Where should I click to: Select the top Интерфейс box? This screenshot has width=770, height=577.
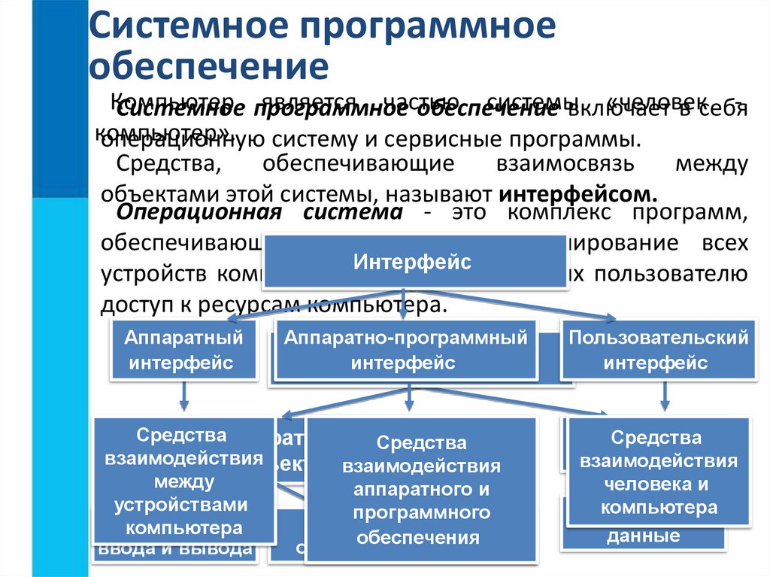pos(412,262)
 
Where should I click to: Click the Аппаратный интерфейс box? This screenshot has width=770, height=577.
pos(183,350)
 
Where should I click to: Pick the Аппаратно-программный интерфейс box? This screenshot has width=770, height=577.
pos(405,350)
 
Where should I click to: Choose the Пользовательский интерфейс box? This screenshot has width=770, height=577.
pos(658,350)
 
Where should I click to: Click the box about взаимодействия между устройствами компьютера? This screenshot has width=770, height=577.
pos(183,478)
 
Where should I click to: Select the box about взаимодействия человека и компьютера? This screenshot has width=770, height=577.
pos(658,472)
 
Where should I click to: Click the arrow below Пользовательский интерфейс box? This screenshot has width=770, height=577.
pos(665,397)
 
